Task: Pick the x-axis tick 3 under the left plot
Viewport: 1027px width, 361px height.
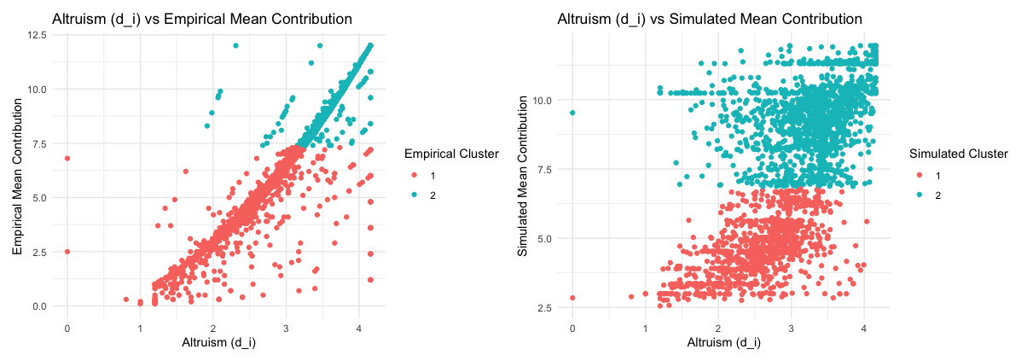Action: click(286, 328)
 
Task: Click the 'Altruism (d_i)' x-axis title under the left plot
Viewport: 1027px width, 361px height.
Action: click(213, 343)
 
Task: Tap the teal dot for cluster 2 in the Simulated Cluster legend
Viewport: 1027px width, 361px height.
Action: click(920, 196)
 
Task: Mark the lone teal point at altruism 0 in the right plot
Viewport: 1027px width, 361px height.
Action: click(572, 113)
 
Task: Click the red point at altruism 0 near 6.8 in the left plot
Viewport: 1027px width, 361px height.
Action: click(67, 158)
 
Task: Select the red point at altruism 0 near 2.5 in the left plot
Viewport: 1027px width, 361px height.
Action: click(67, 252)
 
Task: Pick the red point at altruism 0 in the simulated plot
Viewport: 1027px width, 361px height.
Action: click(572, 298)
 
